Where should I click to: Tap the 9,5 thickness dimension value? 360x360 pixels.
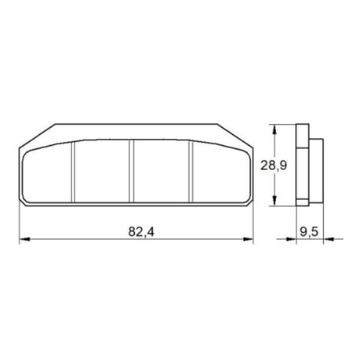tap(309, 232)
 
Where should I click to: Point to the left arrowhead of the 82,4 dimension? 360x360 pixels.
tap(23, 241)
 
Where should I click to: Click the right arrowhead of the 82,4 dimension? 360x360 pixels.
tap(251, 241)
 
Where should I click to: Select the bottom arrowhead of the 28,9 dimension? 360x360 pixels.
tap(275, 202)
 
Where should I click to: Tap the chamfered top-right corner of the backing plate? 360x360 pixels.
tap(234, 134)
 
